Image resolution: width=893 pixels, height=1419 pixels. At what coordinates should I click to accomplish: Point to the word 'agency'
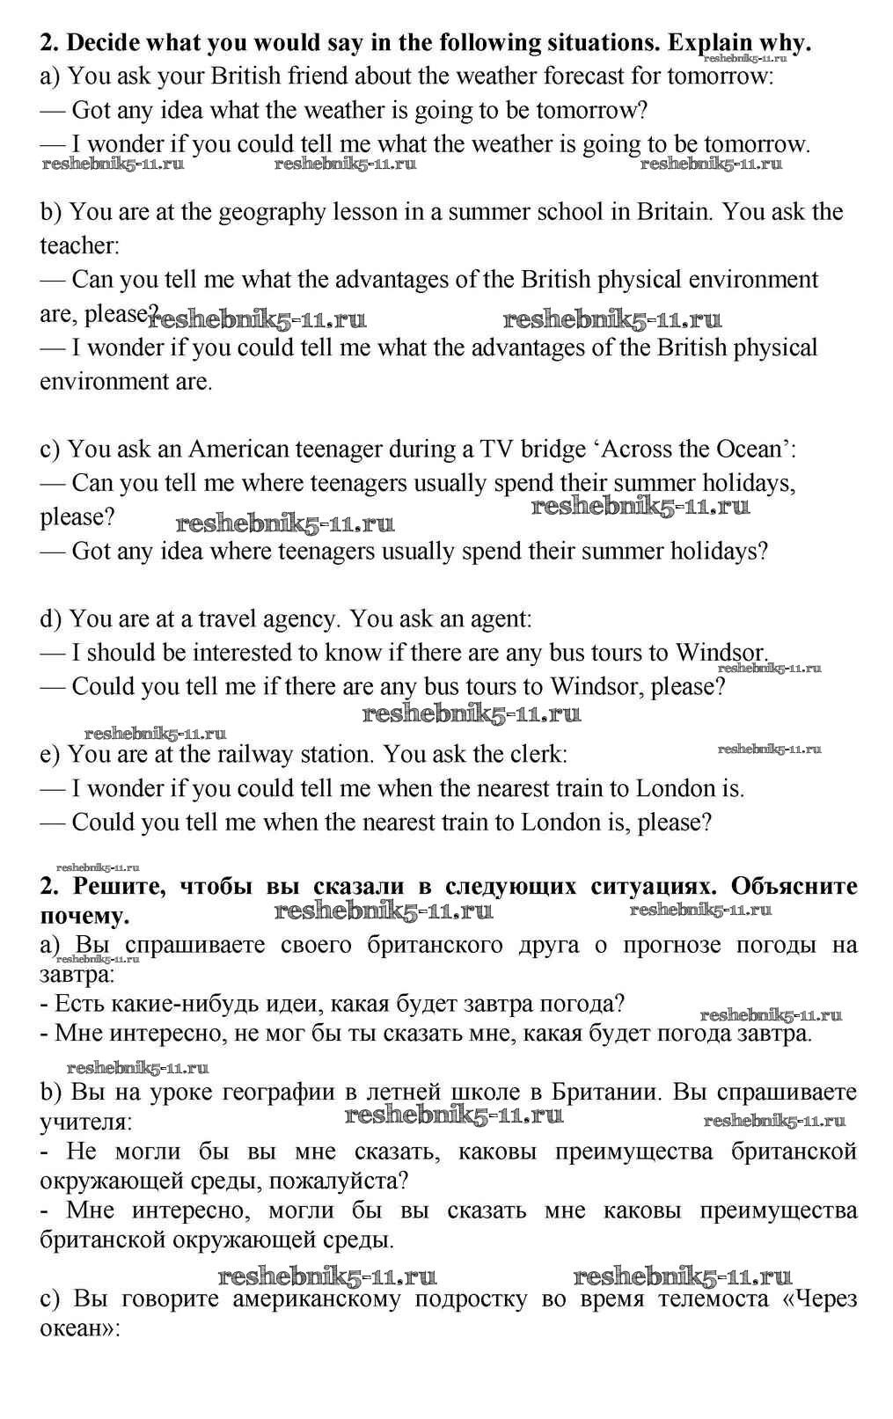(301, 619)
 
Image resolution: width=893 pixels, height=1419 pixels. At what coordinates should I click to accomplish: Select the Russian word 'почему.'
(84, 916)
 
